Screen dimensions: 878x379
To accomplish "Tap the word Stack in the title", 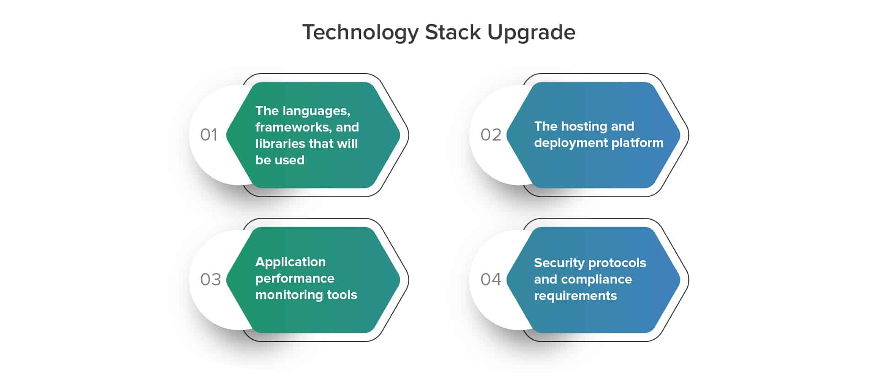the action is pos(453,32).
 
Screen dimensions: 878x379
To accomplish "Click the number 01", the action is pos(209,135).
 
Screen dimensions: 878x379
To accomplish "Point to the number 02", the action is pos(491,135).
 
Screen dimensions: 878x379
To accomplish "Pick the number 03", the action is pos(210,279).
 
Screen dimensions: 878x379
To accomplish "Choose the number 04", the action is pos(491,279).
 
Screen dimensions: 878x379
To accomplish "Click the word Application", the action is pos(290,262).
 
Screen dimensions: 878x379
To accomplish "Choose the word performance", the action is pos(295,279).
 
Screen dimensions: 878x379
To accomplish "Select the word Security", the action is pos(559,263).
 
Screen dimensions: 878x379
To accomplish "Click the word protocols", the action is pos(617,263).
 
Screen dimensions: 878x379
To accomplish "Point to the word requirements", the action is pos(575,296).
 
